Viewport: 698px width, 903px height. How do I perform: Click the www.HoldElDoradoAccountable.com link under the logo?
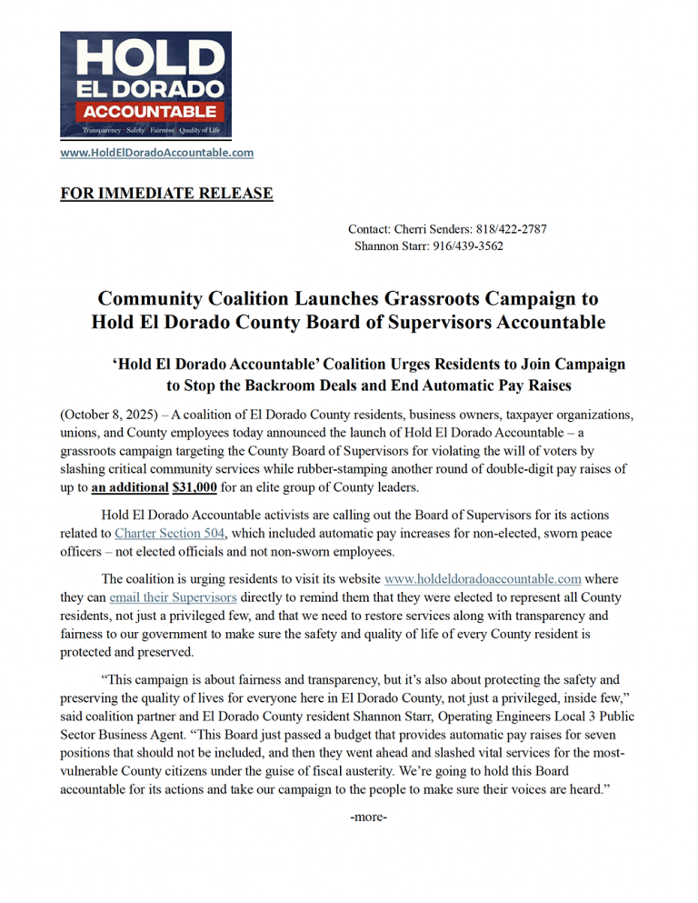[x=156, y=153]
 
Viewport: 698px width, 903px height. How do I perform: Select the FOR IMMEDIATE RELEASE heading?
[x=166, y=193]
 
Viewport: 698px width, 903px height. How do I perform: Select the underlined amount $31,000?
[x=194, y=486]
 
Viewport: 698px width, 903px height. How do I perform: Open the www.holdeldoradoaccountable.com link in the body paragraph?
[x=483, y=577]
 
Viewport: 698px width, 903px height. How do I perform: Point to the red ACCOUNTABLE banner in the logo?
[x=145, y=112]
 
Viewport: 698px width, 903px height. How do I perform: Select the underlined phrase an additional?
[x=129, y=486]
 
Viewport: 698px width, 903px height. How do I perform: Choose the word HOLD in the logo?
[x=146, y=55]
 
